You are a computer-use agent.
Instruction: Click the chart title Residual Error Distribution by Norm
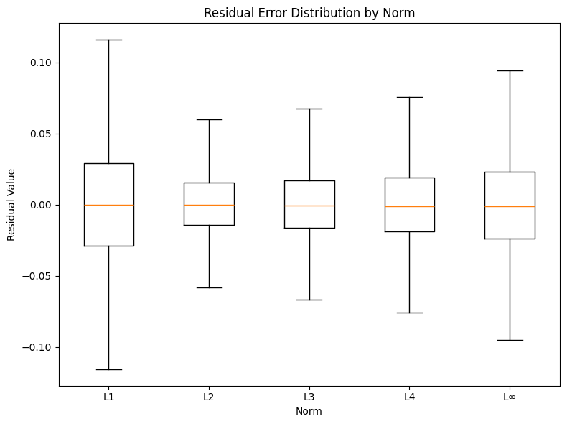tap(309, 12)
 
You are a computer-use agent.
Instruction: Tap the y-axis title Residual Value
tap(12, 205)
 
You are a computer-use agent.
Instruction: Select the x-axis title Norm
tap(309, 411)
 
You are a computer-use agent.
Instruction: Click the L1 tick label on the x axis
tap(109, 397)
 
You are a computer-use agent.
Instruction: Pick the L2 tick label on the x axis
tap(209, 397)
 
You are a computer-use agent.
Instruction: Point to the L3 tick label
tap(309, 397)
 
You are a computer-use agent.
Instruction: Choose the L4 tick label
tap(409, 397)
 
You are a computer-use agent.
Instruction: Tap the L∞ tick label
tap(510, 397)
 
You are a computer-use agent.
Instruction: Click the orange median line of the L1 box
tap(109, 205)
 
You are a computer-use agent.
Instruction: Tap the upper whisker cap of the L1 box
tap(109, 40)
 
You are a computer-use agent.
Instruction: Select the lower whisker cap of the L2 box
tap(209, 287)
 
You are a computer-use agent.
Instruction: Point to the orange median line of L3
tap(309, 206)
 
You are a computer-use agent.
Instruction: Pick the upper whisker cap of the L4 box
tap(409, 97)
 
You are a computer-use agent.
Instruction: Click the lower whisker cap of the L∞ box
tap(510, 340)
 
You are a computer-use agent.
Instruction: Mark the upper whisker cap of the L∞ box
tap(510, 70)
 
